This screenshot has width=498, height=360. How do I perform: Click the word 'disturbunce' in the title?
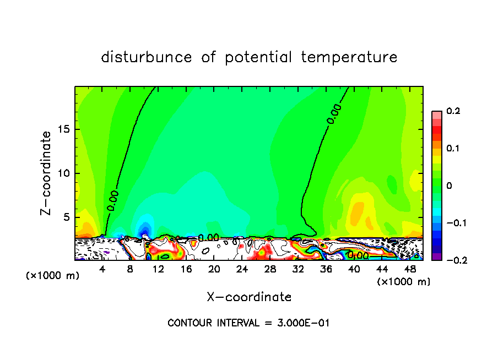tap(147, 57)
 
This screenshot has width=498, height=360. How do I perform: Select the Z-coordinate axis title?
tap(48, 173)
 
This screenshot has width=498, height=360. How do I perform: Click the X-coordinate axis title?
tap(249, 297)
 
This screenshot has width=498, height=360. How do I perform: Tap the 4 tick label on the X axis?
tap(102, 269)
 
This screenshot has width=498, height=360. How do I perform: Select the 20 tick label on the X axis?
tap(214, 269)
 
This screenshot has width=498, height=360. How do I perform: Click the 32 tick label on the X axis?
tap(298, 269)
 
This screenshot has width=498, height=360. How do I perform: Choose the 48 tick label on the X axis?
tap(410, 269)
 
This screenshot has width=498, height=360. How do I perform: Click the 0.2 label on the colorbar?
tap(453, 111)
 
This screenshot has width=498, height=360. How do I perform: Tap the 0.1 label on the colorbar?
tap(453, 149)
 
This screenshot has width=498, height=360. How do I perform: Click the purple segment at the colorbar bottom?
tap(436, 257)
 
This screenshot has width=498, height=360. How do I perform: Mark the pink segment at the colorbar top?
tap(436, 114)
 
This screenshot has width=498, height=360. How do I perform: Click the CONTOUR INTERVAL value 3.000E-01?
tap(302, 323)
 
